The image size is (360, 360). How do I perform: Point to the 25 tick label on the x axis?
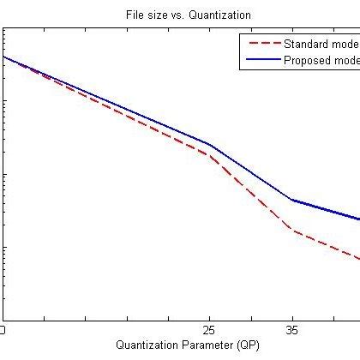[208, 330]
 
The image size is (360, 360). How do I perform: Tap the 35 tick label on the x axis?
[292, 330]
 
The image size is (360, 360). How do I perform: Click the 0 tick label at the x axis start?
[3, 330]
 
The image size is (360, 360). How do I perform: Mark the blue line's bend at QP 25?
[208, 144]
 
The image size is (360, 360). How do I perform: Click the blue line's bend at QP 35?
[292, 200]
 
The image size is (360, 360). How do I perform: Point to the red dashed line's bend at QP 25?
[208, 154]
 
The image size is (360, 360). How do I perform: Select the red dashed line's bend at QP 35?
[292, 230]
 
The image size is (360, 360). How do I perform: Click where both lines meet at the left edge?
[4, 57]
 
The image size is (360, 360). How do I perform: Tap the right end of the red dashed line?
[357, 258]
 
